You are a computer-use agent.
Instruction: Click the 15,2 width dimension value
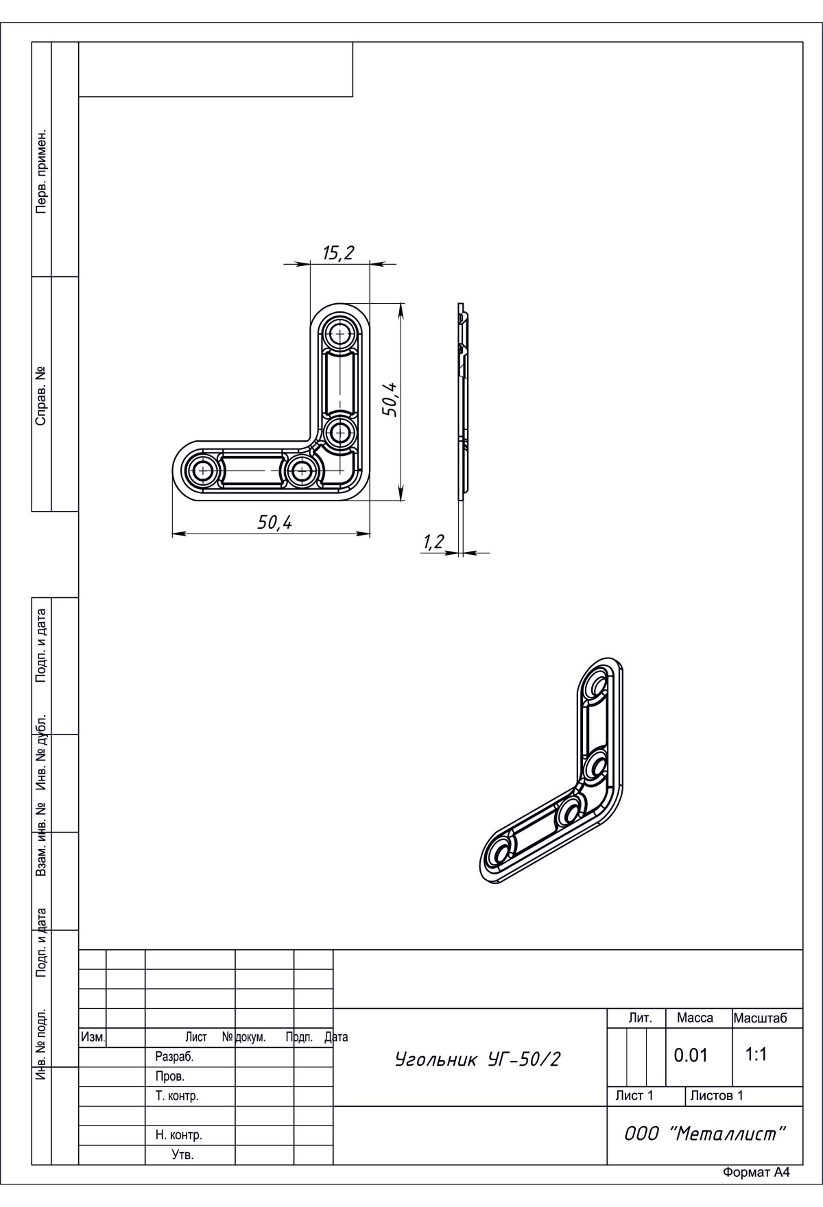[x=338, y=253]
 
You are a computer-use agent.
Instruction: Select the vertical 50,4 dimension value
[x=390, y=399]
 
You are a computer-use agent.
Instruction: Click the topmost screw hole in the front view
[x=339, y=335]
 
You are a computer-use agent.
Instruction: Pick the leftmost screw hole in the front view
[x=203, y=471]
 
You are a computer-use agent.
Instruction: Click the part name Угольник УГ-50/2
[x=477, y=1060]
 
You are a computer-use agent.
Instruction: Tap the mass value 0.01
[x=691, y=1055]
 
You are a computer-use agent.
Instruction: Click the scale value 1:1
[x=756, y=1054]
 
